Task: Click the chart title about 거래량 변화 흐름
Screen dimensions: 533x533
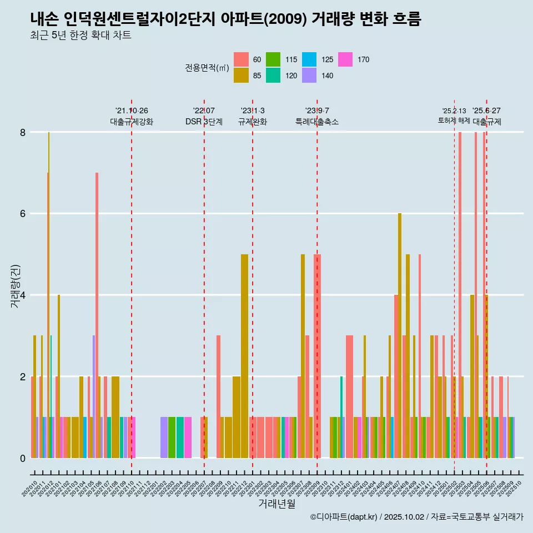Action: [x=226, y=19]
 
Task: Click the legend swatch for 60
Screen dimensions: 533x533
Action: [x=241, y=59]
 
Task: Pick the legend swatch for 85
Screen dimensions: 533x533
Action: [x=241, y=76]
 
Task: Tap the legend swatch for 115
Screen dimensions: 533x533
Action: [x=273, y=59]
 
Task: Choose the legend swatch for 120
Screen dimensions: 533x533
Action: [x=273, y=76]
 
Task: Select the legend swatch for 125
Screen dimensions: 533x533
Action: [x=309, y=59]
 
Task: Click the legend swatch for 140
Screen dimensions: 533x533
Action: [x=309, y=76]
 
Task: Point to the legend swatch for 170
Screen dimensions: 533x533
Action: [x=345, y=59]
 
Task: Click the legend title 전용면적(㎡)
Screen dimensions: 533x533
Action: [x=207, y=68]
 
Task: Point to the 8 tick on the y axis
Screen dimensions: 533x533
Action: [x=23, y=132]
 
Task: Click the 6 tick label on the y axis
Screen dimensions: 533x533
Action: [x=23, y=214]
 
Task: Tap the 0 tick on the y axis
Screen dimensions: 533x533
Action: [x=23, y=458]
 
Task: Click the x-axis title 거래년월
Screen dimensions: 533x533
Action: [x=276, y=504]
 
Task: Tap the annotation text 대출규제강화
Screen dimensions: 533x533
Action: [x=132, y=122]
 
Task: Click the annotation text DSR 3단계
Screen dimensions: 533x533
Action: [x=204, y=122]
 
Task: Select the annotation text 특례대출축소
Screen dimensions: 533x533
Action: [x=317, y=122]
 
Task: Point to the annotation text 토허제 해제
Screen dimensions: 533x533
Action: [x=454, y=120]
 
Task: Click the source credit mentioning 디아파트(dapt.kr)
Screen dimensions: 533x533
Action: [x=417, y=517]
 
